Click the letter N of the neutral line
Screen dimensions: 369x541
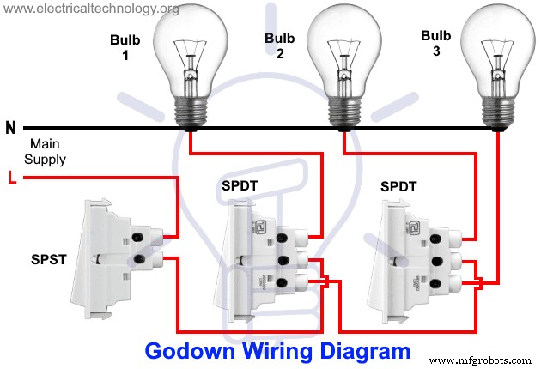pyautogui.click(x=10, y=129)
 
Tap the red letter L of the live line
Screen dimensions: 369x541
pyautogui.click(x=10, y=178)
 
